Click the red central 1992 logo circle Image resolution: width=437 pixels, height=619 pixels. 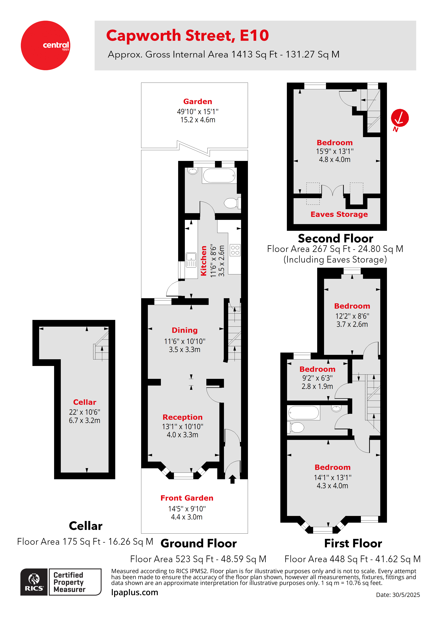point(45,45)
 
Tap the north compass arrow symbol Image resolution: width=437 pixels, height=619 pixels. point(400,118)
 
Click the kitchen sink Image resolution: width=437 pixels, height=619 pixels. point(191,260)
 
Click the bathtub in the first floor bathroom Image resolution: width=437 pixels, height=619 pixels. point(303,413)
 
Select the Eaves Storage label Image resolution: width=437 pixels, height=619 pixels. point(339,214)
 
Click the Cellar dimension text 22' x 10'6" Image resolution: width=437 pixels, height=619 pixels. point(85,412)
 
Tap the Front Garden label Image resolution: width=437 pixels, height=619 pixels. point(187,498)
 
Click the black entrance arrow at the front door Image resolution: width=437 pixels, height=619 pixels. point(232,479)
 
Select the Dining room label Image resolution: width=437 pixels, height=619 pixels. point(185,330)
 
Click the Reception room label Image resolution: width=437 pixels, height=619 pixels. point(183,417)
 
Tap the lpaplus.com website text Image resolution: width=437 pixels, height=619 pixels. point(135,592)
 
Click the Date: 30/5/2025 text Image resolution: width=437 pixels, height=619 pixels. point(398,595)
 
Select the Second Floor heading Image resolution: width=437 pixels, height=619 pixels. point(336,239)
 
